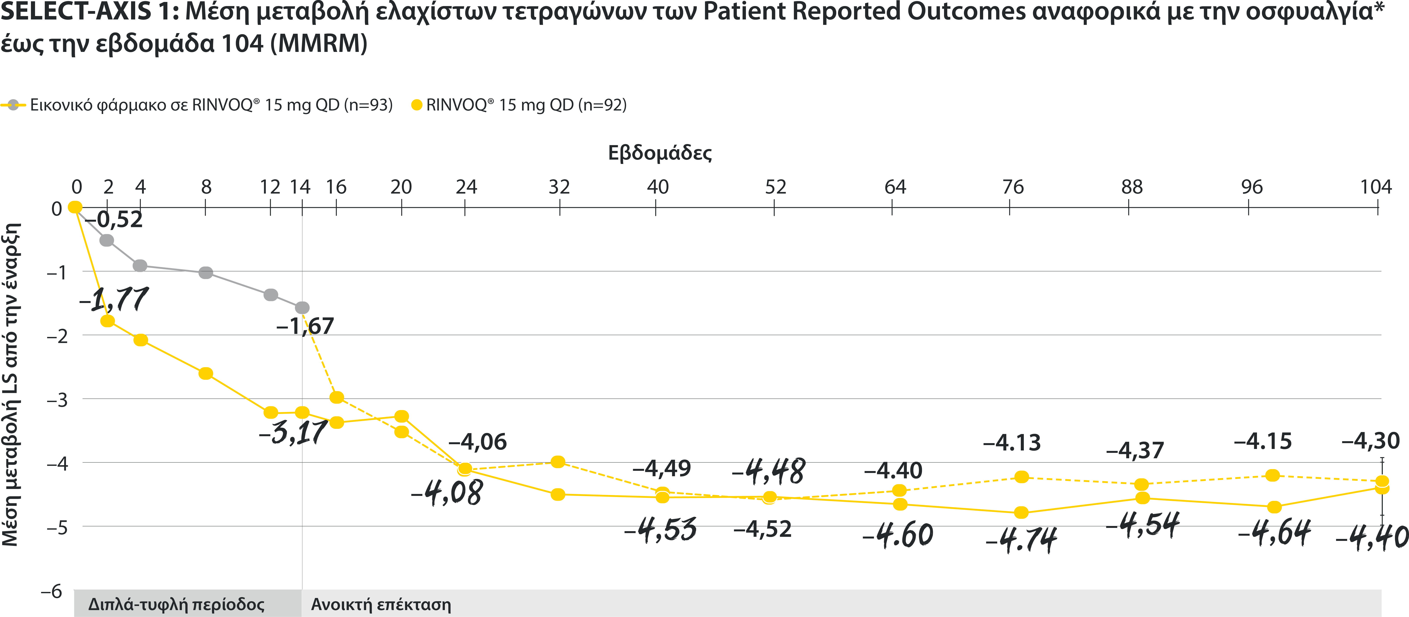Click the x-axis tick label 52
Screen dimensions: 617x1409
775,187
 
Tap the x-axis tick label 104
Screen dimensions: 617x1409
1376,187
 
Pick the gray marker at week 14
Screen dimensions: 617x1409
302,308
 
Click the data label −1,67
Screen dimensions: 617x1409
305,327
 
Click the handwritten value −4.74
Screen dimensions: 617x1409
1021,540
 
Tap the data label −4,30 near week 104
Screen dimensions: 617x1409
1370,441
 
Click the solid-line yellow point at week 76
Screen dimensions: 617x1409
1021,513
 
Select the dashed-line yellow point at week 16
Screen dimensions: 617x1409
337,397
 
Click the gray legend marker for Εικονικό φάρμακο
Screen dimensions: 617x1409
14,105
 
